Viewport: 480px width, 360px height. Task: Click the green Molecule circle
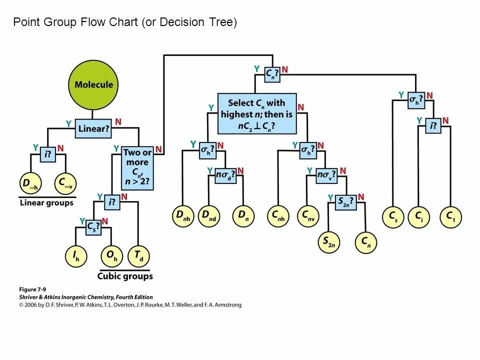pos(94,84)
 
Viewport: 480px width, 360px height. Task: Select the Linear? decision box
pos(93,129)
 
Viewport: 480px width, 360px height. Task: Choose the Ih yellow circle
pos(76,256)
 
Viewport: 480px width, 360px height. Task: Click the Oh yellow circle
pos(111,256)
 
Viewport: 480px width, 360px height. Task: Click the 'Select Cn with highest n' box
pos(257,114)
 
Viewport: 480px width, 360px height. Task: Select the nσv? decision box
pos(326,175)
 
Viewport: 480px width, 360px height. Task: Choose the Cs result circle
pos(393,216)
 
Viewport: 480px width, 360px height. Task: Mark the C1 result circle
pos(450,216)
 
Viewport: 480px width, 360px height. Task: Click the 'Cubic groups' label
pos(125,276)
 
